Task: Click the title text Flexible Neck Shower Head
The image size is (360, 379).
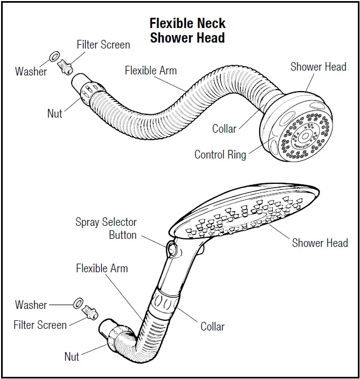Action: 187,31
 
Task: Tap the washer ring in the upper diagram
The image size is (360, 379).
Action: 54,57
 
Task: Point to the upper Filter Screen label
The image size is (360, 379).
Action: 103,44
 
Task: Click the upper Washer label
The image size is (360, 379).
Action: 31,71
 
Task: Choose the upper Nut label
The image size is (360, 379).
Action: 54,113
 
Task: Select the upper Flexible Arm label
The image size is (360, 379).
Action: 150,71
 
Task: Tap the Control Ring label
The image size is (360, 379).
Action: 220,155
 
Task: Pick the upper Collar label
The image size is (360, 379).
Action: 224,129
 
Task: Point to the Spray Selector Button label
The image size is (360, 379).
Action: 106,229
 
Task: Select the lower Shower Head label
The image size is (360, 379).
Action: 320,243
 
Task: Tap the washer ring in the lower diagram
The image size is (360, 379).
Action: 77,302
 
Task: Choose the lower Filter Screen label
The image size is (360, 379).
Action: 40,325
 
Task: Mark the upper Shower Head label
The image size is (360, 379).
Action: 318,67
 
